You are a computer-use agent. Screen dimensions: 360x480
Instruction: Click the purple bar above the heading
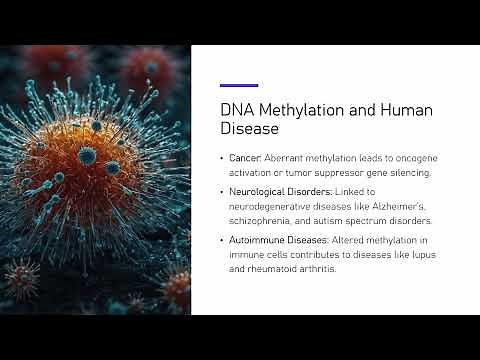pyautogui.click(x=238, y=86)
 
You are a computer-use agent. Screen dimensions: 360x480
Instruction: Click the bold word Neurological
pyautogui.click(x=261, y=191)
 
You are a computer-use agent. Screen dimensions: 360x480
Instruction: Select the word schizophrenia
pyautogui.click(x=262, y=219)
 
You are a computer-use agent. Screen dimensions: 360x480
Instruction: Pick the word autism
pyautogui.click(x=342, y=219)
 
